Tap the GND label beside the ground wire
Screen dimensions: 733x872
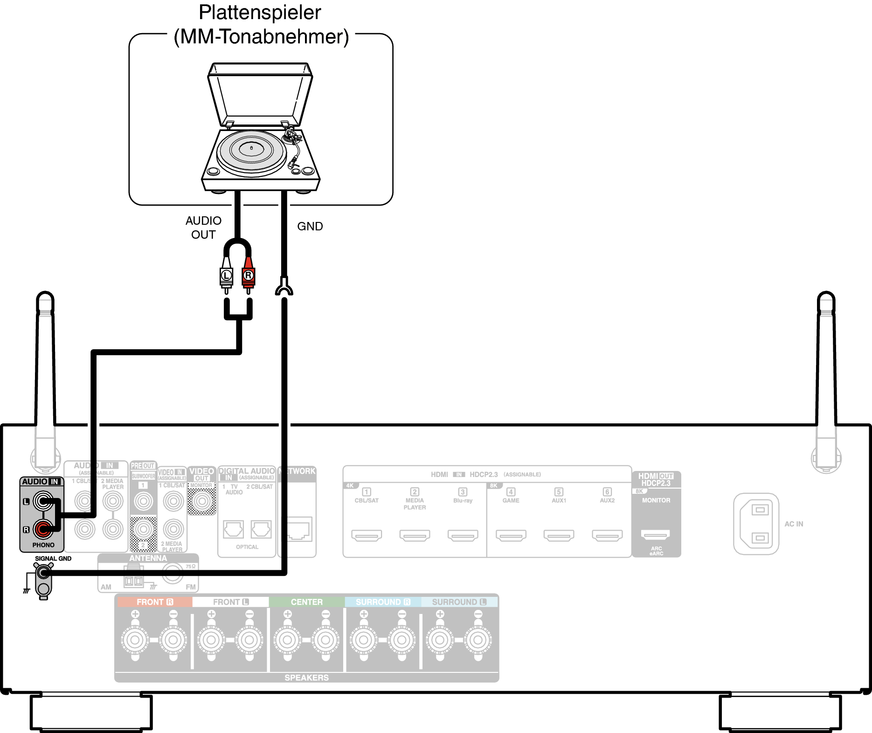[x=310, y=226]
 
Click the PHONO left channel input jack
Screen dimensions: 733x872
[x=43, y=502]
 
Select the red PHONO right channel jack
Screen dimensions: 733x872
[x=43, y=529]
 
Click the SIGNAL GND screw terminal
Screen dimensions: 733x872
[x=43, y=572]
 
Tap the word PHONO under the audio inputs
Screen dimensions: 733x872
[x=43, y=545]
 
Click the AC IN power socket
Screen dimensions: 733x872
[x=756, y=524]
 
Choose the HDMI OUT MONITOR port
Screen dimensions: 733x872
[x=656, y=534]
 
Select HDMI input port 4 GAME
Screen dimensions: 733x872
[x=511, y=535]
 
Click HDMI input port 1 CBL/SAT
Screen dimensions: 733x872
[x=367, y=535]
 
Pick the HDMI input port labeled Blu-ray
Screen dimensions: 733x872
[x=463, y=535]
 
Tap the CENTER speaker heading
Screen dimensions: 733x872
[x=306, y=602]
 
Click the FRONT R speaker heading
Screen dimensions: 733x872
[x=154, y=602]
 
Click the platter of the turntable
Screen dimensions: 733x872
[x=251, y=150]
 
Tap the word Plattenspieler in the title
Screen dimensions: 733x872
[x=260, y=13]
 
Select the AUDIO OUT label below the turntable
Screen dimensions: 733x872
[x=203, y=228]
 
